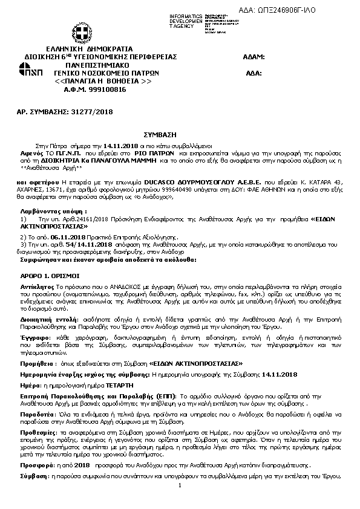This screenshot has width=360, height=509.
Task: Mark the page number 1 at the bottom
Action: pyautogui.click(x=180, y=485)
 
